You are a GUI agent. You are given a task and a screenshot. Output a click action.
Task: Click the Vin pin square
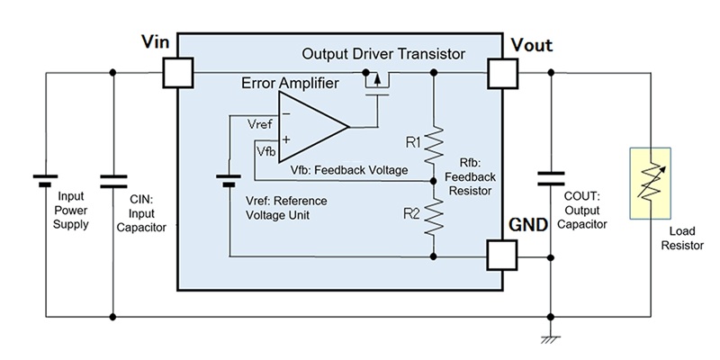coord(179,73)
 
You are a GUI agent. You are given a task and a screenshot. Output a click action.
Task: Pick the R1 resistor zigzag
coord(434,145)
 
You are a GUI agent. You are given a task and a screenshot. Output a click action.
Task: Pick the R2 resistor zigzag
coord(434,215)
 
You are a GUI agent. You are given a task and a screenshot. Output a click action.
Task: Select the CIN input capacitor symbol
coord(112,177)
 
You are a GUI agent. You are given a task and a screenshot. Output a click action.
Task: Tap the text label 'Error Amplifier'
coord(290,85)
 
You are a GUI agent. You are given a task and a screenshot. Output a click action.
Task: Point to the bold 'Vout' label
coord(531,46)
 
